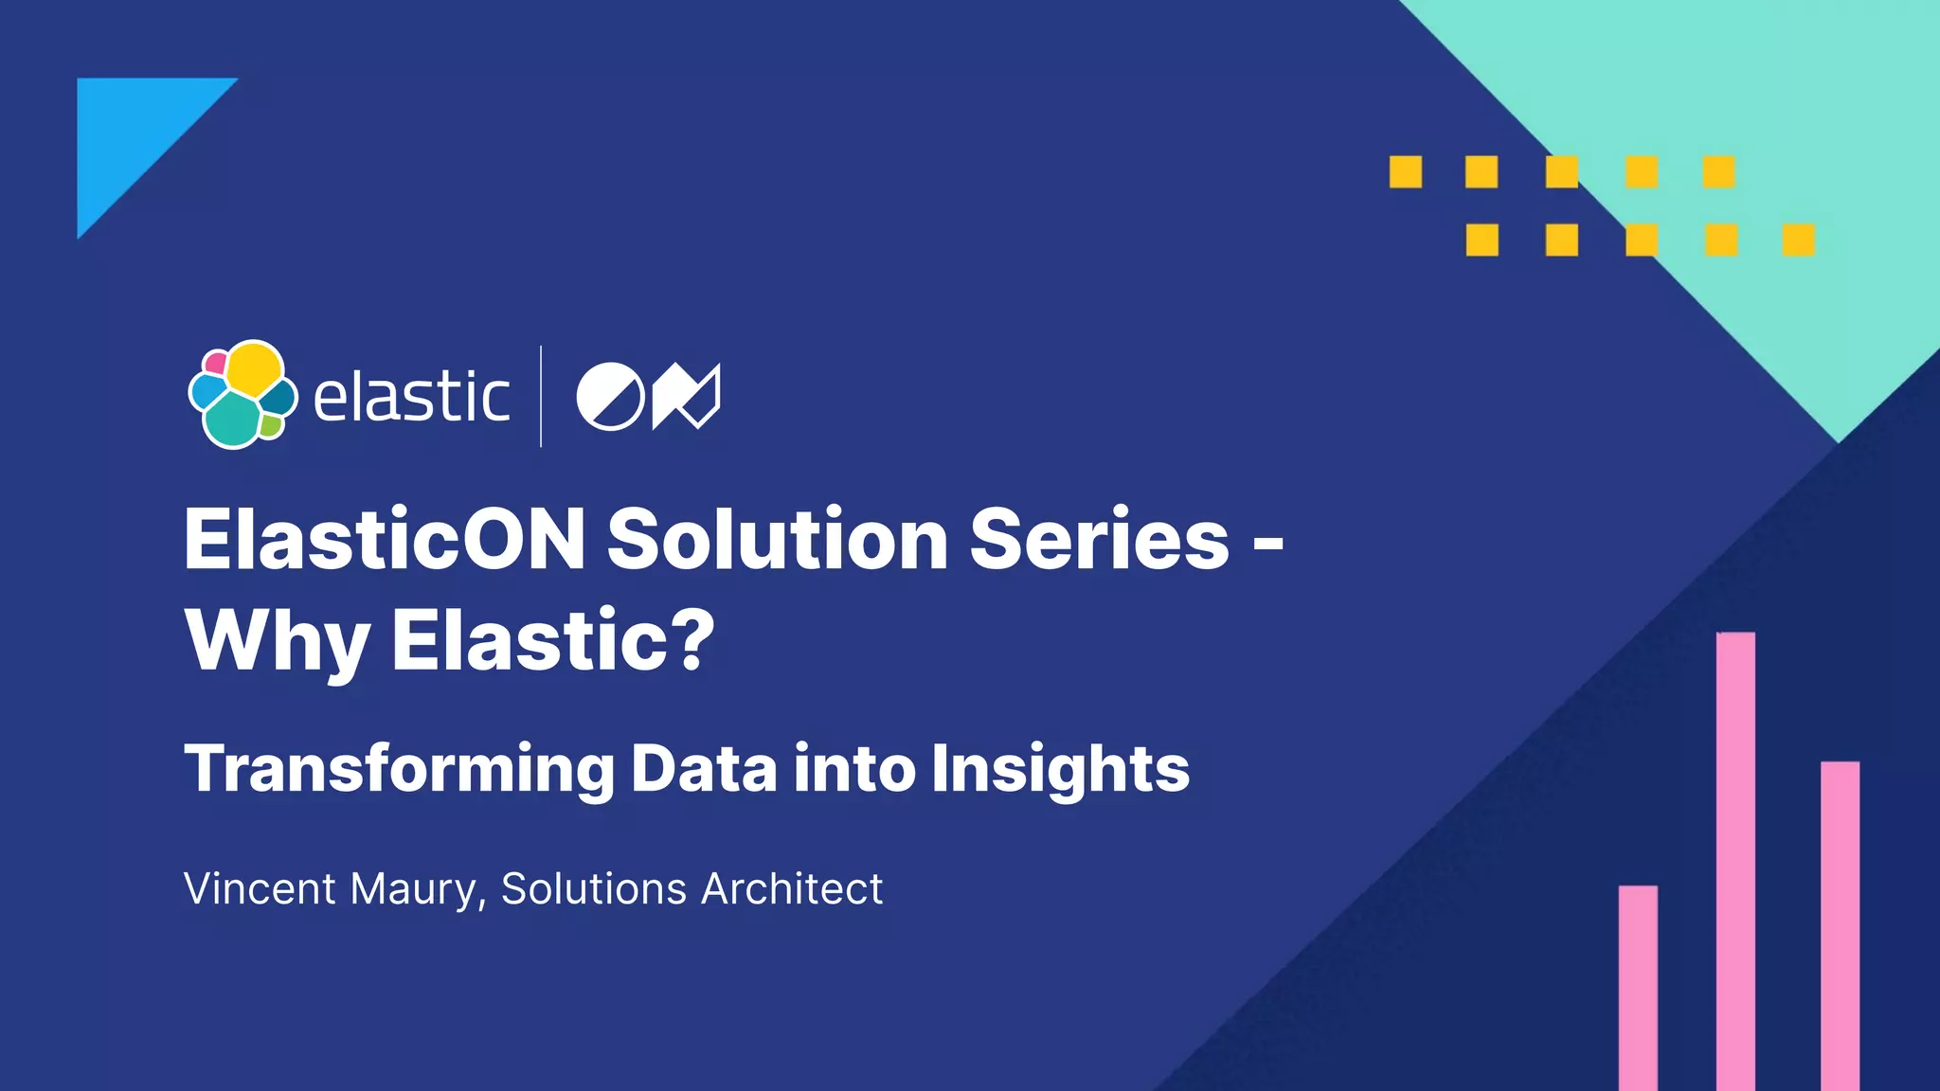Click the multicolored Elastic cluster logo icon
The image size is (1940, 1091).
[242, 394]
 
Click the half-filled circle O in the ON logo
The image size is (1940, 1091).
[610, 396]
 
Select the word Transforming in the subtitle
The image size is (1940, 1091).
[399, 768]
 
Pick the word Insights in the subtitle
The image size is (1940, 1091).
[1060, 768]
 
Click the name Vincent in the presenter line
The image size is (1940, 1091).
[260, 888]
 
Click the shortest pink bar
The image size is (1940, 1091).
[1638, 985]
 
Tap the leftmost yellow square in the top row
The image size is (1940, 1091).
[1406, 172]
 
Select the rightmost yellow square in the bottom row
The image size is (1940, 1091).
[1798, 240]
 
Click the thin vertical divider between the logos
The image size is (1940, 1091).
[541, 396]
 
